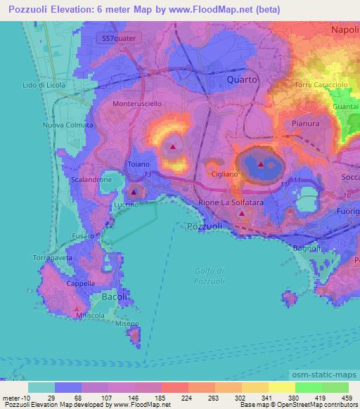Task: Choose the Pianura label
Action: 305,123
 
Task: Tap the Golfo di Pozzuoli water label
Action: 210,276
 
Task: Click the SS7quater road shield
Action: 122,37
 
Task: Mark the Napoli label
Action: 345,31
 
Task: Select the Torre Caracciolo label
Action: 321,85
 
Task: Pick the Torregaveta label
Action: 50,258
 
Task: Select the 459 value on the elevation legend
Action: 346,398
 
